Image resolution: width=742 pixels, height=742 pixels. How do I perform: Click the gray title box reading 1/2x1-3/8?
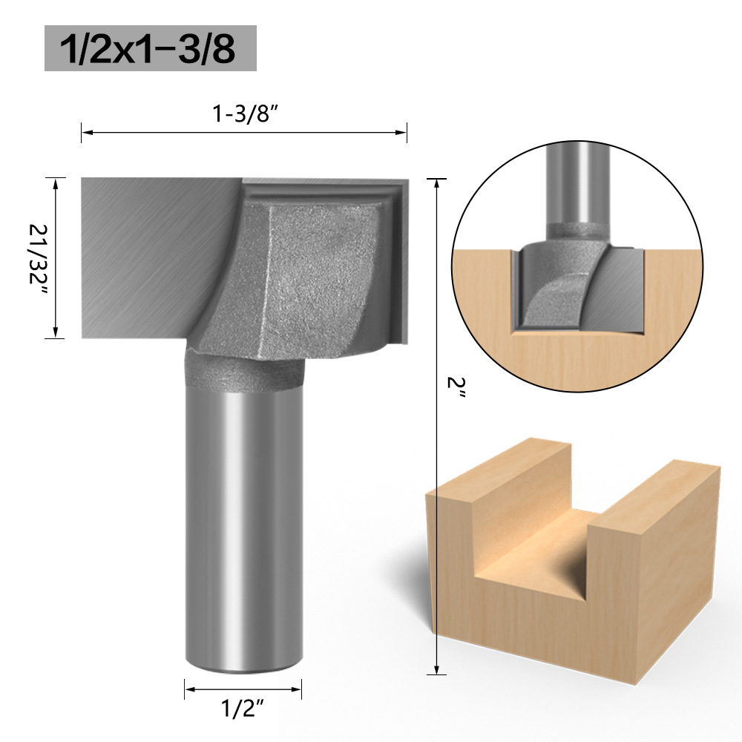point(151,48)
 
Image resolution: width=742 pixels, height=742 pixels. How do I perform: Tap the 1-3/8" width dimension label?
point(244,114)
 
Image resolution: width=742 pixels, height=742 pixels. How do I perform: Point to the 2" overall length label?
point(456,388)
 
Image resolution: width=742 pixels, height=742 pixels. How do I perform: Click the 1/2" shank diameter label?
point(243,709)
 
